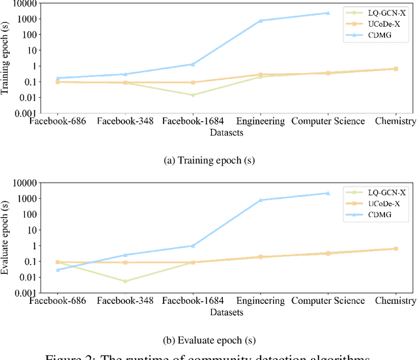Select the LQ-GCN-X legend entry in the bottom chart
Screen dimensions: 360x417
coord(386,193)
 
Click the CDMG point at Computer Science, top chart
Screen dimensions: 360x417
coord(328,13)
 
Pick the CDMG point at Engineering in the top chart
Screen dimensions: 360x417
coord(261,21)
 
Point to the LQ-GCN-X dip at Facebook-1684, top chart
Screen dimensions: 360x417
coord(192,95)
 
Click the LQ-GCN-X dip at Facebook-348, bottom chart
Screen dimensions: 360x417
coord(125,281)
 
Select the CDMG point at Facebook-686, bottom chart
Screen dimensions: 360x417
coord(58,269)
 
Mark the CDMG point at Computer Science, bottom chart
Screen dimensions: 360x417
coord(328,193)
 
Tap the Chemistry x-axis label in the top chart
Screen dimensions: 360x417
coord(395,121)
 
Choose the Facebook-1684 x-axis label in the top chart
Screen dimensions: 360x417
coord(192,121)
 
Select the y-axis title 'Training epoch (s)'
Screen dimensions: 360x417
coord(6,59)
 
